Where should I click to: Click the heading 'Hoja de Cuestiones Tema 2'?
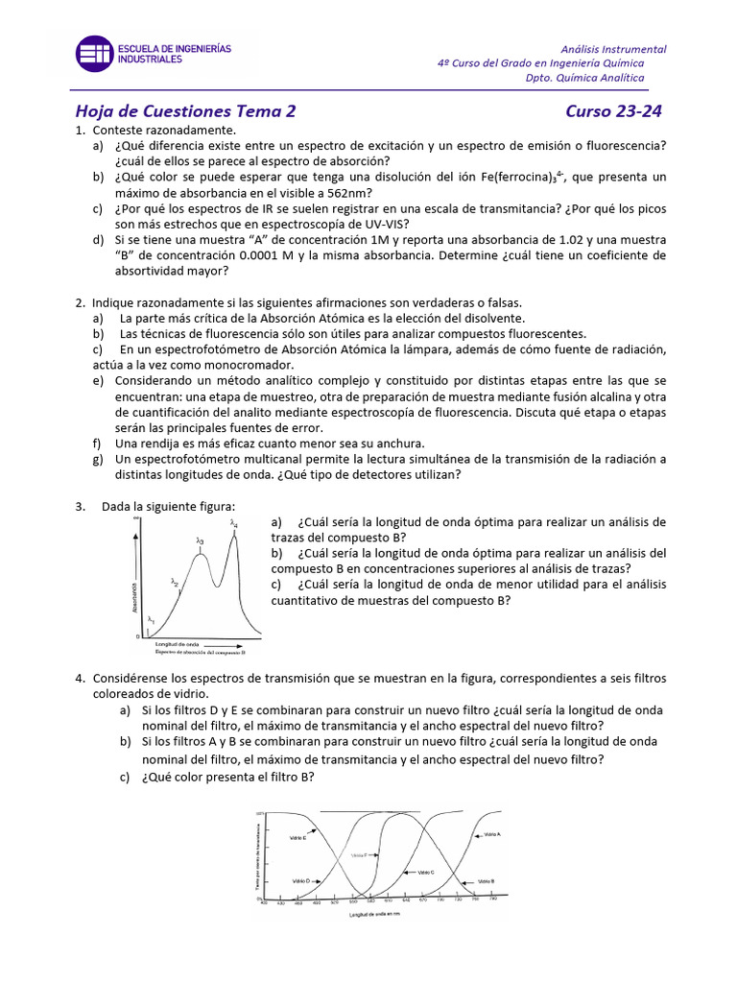[x=185, y=110]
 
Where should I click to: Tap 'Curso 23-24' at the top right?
[x=613, y=110]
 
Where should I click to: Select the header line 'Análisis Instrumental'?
[x=613, y=49]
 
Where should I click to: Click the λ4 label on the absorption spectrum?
[x=234, y=524]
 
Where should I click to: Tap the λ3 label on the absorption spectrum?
[x=200, y=541]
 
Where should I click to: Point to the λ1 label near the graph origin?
[x=151, y=620]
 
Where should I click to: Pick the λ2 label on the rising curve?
[x=175, y=582]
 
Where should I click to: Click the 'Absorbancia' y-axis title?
[x=136, y=595]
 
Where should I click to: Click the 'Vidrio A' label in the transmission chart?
[x=490, y=835]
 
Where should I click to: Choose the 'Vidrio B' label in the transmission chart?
[x=485, y=880]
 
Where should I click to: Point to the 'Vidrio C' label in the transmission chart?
[x=425, y=872]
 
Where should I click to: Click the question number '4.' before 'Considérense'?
[x=81, y=679]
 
